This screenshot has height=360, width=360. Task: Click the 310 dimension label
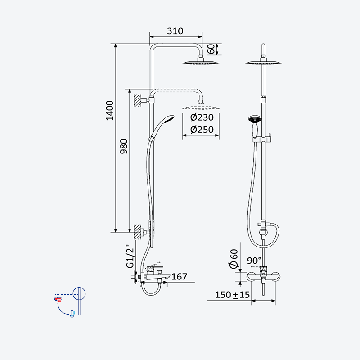pos(175,31)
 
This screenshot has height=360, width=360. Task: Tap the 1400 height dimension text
pos(110,110)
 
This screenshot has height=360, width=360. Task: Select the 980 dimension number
pos(124,146)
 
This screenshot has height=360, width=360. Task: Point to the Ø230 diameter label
pos(202,117)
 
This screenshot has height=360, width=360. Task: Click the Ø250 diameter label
pos(202,130)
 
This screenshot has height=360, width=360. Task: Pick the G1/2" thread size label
pos(130,257)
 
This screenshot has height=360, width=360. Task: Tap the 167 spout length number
pos(179,276)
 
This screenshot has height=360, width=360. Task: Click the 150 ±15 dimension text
pos(232,295)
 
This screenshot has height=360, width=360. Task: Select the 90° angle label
pos(254,261)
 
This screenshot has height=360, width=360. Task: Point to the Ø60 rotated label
pos(234,259)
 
